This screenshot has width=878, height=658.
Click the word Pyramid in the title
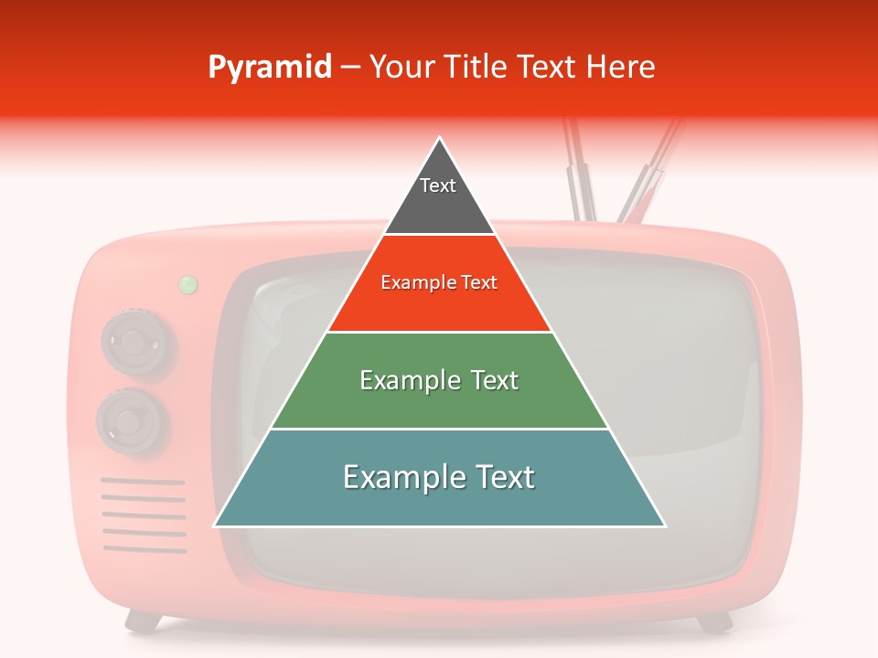tap(270, 68)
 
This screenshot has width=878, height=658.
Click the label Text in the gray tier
tap(437, 186)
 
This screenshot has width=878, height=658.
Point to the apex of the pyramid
tap(440, 139)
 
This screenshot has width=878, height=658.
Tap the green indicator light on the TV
tap(187, 285)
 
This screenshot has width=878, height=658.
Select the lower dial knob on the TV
tap(133, 421)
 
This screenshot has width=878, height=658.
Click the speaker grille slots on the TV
tap(144, 515)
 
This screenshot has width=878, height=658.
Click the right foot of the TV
tap(715, 622)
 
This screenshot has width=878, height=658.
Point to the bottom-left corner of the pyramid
tap(216, 525)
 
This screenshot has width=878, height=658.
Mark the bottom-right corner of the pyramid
tap(664, 525)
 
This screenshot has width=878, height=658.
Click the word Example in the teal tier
tap(394, 477)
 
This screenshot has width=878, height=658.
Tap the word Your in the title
tap(400, 68)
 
